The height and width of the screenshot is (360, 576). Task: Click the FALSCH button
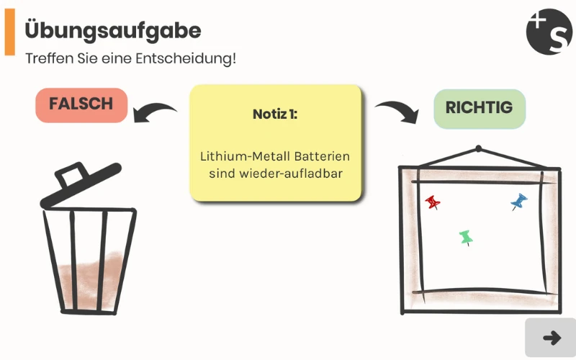[81, 105]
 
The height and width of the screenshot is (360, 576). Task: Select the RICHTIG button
[480, 109]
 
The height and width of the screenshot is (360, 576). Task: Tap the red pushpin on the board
[433, 202]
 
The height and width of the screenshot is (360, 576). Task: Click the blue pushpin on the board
[519, 201]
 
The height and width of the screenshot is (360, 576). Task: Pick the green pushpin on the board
[466, 236]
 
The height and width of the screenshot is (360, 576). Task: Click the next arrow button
[551, 338]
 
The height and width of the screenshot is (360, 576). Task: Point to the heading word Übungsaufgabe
[113, 30]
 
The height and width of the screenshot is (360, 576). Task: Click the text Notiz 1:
[275, 114]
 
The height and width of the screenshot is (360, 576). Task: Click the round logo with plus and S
[549, 32]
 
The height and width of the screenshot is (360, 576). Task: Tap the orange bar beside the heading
[10, 34]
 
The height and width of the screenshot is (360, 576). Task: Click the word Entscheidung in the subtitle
[187, 58]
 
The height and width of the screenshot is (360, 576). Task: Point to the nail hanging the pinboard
[477, 150]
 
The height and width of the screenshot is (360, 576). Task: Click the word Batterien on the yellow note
[320, 156]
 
